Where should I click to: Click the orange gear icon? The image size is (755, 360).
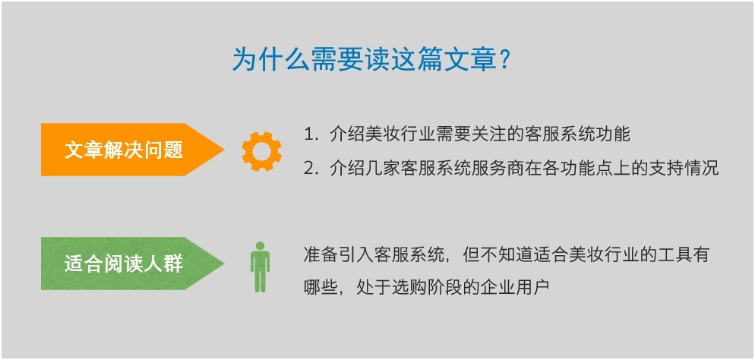coord(261,151)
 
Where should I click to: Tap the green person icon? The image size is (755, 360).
coord(260,267)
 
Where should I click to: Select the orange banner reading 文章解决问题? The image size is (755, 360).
coord(132,150)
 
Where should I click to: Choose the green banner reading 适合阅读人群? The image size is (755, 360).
coord(132,264)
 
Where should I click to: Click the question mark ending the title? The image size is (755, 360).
coord(504,60)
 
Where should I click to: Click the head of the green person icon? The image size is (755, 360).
coord(260,246)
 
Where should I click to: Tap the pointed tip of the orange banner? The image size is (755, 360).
coord(224,150)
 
